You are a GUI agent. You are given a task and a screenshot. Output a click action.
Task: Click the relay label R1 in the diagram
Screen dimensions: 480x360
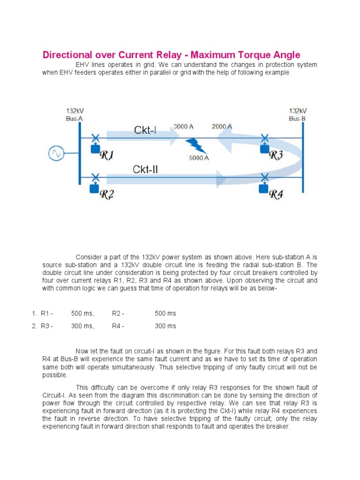pyautogui.click(x=106, y=156)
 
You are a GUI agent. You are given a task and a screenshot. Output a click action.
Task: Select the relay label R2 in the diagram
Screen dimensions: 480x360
pyautogui.click(x=107, y=195)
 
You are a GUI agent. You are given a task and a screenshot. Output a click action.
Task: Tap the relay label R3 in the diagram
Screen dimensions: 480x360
pyautogui.click(x=276, y=155)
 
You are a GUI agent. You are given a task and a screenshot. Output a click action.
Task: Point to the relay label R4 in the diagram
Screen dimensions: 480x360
pyautogui.click(x=276, y=194)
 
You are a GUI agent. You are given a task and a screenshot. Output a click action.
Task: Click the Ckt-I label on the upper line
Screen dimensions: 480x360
pyautogui.click(x=145, y=130)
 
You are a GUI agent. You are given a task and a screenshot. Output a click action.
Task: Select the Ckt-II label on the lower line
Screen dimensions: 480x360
pyautogui.click(x=145, y=169)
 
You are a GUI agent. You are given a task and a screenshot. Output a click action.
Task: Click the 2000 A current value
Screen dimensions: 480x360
pyautogui.click(x=222, y=127)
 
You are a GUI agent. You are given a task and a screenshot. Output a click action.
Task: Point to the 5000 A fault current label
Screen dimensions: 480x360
pyautogui.click(x=199, y=158)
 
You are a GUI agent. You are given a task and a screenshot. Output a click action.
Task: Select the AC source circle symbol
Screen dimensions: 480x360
pyautogui.click(x=56, y=154)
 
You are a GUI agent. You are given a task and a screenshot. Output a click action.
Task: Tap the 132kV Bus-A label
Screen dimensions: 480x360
pyautogui.click(x=75, y=115)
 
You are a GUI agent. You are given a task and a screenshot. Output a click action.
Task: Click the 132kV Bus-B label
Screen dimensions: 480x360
pyautogui.click(x=297, y=115)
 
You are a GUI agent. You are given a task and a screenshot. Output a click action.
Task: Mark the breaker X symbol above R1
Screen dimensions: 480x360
pyautogui.click(x=95, y=138)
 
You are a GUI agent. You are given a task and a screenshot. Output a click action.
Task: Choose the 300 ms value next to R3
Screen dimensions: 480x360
pyautogui.click(x=82, y=326)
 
